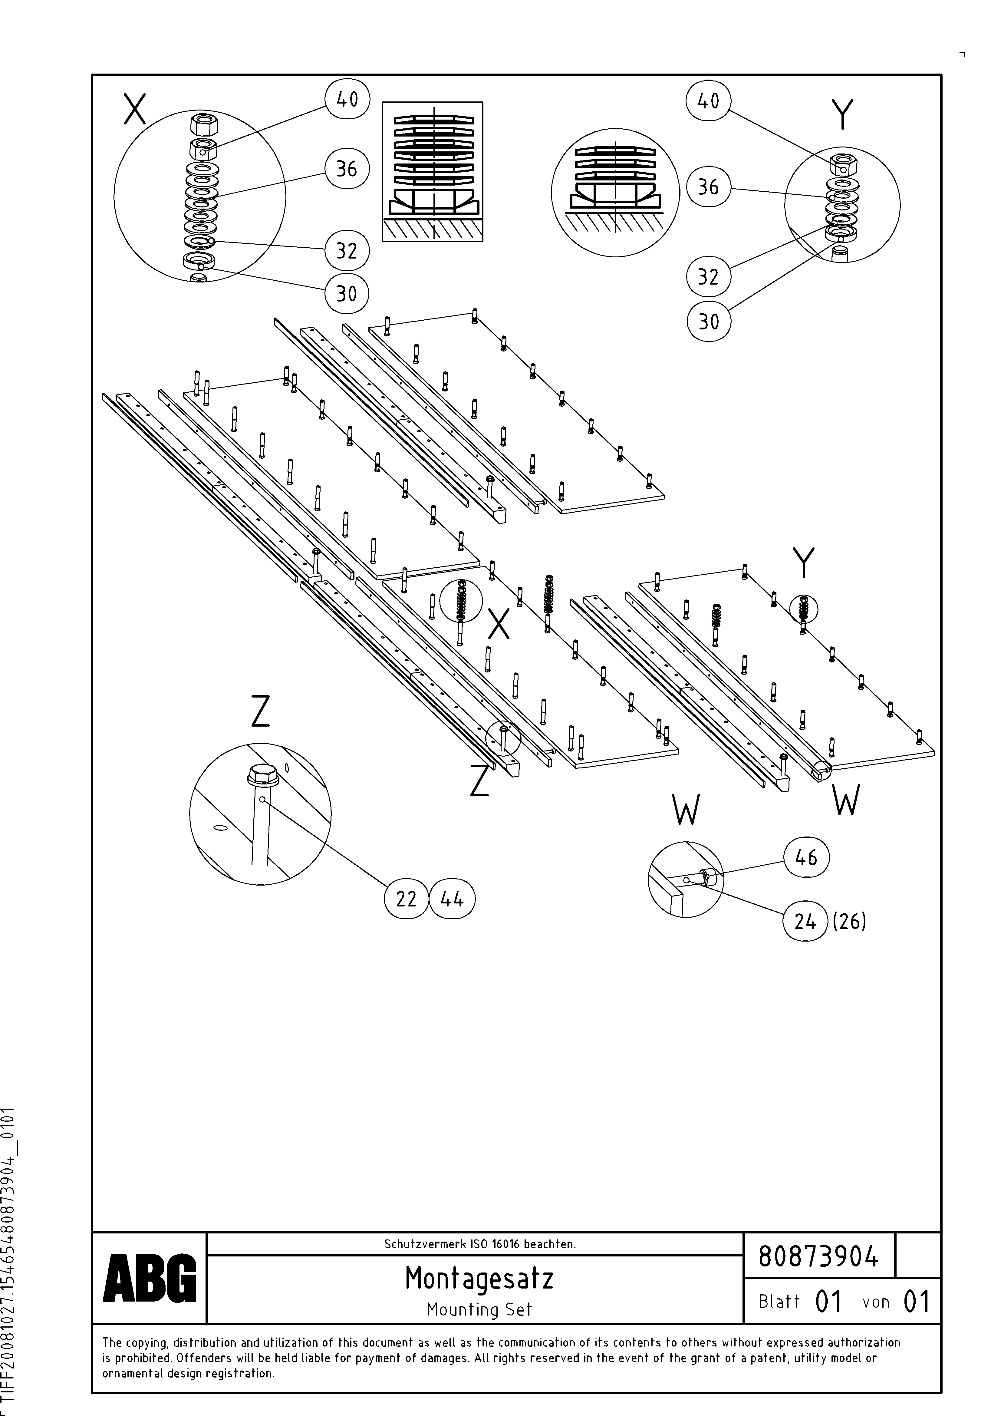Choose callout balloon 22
pos(406,899)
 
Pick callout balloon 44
pos(452,899)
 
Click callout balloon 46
pos(806,857)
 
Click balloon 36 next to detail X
pos(347,168)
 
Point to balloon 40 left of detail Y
pos(708,101)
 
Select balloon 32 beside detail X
pos(347,250)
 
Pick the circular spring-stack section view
pos(615,193)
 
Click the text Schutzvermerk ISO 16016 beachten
pos(479,1244)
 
